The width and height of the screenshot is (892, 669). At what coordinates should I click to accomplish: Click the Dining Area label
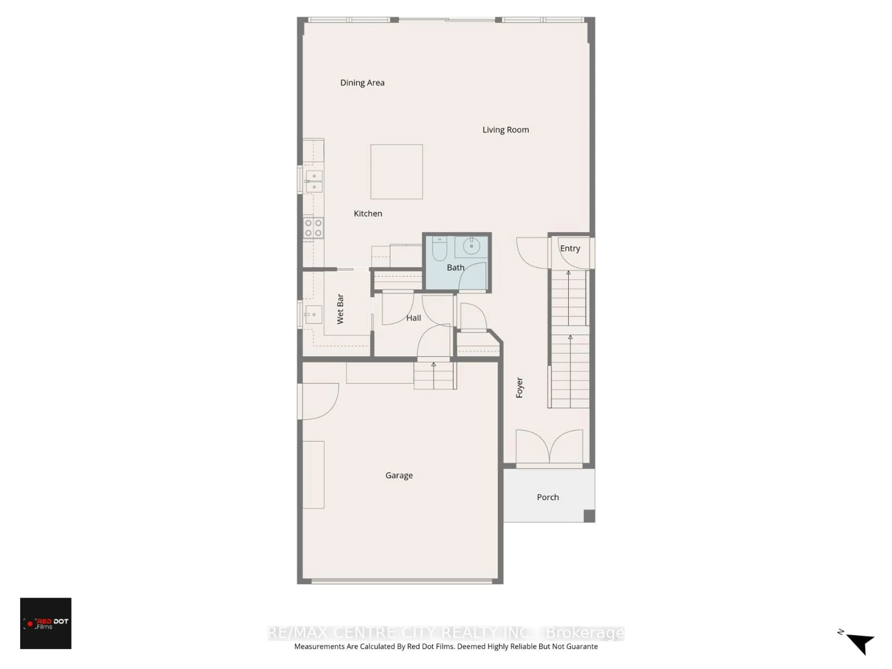(x=362, y=83)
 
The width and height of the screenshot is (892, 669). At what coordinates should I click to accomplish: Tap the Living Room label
(x=505, y=130)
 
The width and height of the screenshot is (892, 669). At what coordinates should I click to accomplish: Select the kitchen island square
(x=396, y=172)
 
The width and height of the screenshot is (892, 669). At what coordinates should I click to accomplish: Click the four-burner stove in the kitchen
(x=313, y=228)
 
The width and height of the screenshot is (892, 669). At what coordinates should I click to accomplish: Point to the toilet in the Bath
(x=439, y=249)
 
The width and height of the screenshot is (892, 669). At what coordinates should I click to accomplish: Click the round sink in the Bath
(x=471, y=246)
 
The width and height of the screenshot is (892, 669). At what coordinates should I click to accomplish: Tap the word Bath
(x=455, y=267)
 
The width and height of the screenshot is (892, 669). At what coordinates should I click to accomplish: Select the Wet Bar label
(x=340, y=309)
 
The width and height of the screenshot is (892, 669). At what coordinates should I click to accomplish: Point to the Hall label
(x=413, y=318)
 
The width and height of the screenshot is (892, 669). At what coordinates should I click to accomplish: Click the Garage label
(x=399, y=476)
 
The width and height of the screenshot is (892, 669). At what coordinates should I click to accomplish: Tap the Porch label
(x=548, y=497)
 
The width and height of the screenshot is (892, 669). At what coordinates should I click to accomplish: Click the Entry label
(x=570, y=248)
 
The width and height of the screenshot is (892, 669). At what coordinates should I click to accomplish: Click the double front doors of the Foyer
(x=549, y=448)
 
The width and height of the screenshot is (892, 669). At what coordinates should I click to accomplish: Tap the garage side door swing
(x=318, y=401)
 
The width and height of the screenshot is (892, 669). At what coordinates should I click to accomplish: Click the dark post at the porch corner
(x=589, y=516)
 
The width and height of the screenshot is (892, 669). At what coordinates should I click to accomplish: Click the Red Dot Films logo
(x=46, y=623)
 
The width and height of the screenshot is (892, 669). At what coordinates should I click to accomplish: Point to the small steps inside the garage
(x=435, y=376)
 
